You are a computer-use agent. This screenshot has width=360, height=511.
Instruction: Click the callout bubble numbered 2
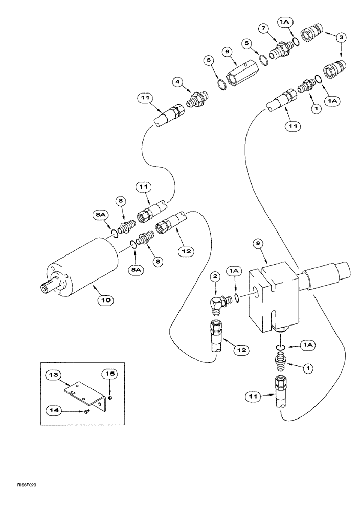tap(216, 276)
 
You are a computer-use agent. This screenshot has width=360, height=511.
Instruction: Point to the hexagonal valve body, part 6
tap(238, 68)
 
